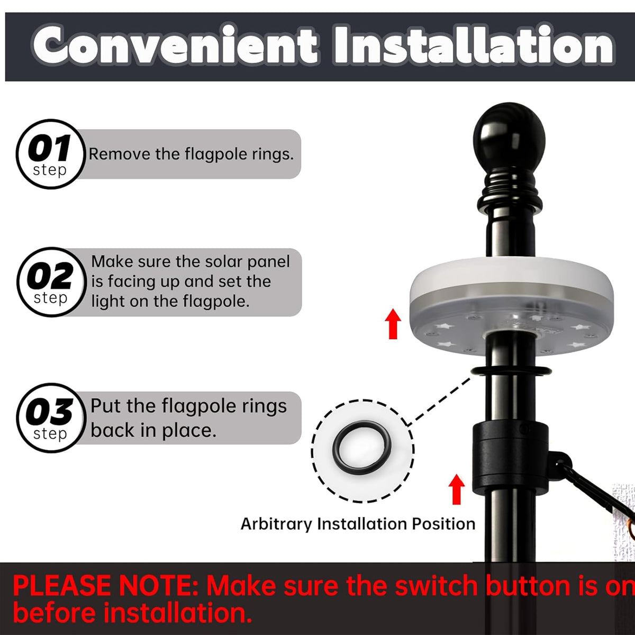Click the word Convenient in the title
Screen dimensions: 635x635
pos(175,46)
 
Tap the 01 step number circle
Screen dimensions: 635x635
pos(50,154)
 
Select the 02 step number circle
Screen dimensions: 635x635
pos(51,282)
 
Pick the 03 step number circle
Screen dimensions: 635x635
pos(50,418)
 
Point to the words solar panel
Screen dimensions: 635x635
pos(247,261)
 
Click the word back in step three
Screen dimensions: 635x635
pos(112,430)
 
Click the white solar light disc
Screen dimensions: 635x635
pos(511,306)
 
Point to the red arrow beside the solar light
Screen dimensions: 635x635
pos(393,324)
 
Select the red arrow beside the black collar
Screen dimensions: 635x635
pos(456,489)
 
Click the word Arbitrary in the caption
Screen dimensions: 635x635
pos(276,524)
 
